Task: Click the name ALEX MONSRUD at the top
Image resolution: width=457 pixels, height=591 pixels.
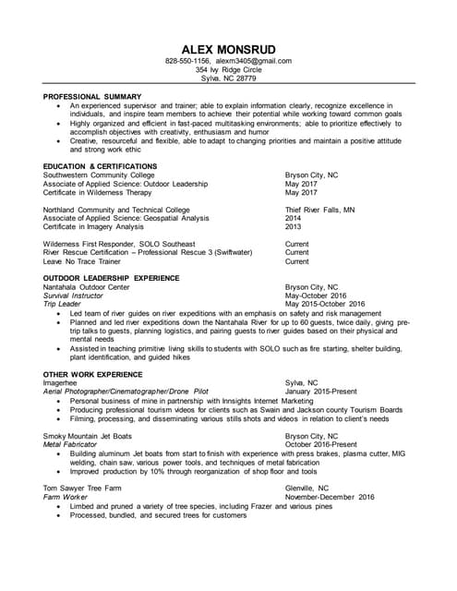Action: click(228, 47)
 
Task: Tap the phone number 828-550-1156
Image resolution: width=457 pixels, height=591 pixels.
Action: click(187, 61)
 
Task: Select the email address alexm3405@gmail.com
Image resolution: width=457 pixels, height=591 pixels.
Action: click(253, 61)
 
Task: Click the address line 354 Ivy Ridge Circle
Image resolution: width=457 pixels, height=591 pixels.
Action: click(228, 70)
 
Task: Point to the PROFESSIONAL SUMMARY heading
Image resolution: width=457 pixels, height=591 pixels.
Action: click(92, 96)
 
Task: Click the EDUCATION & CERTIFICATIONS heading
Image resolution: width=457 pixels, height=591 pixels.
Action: click(101, 166)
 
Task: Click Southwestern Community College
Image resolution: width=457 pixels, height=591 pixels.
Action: click(99, 175)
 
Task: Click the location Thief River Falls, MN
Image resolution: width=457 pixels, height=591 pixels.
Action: click(319, 210)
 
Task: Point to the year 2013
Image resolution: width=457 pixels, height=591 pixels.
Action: click(293, 226)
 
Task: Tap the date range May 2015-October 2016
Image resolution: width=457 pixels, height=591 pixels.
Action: click(325, 304)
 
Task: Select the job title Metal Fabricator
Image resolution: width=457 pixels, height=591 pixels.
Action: click(71, 444)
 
